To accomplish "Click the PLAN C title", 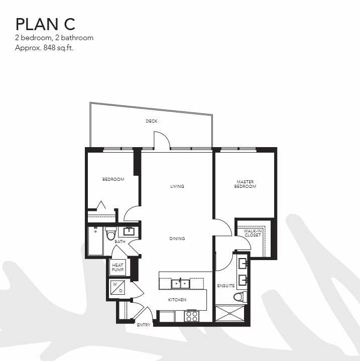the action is pos(45,24).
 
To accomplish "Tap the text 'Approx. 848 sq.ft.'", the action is pos(44,48).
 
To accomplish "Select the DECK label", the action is pos(152,121).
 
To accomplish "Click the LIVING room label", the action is pos(177,186).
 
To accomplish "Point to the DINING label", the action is pos(177,238).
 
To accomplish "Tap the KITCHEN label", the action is pos(177,300).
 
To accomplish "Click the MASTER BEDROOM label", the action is pos(245,184).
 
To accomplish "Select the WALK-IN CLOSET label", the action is pos(253,233).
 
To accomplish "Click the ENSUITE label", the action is pos(226,286).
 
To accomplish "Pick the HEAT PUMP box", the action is pos(117,267).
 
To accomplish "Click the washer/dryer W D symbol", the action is pos(117,287).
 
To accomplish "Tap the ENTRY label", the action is pos(144,325).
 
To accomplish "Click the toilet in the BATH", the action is pos(110,233).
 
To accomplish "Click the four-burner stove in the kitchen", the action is pos(191,316).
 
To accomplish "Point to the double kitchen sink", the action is pos(180,283).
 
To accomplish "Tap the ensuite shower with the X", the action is pos(230,313).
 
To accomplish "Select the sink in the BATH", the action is pos(129,231).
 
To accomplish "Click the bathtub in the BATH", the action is pos(95,241).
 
